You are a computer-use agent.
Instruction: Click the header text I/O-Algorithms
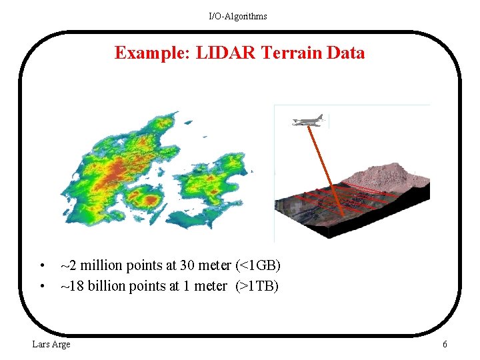click(238, 16)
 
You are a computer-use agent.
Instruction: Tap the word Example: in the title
click(153, 53)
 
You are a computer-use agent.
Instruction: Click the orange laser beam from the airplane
click(327, 170)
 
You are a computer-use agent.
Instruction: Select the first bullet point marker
click(41, 266)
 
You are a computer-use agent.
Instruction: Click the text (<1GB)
click(258, 266)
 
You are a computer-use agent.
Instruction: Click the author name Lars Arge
click(51, 344)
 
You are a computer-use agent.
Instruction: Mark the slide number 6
click(445, 344)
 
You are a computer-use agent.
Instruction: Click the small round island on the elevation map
click(145, 197)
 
